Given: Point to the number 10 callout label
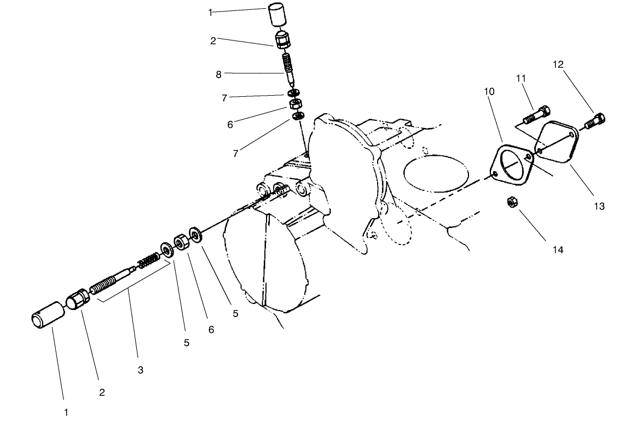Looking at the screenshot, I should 489,91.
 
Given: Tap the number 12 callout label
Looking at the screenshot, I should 558,65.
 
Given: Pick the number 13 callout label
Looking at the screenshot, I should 599,206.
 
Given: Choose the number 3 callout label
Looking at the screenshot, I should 140,370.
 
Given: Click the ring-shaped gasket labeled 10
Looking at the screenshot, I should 512,164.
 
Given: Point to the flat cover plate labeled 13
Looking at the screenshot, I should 554,141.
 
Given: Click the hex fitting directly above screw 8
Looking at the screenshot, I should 282,39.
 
